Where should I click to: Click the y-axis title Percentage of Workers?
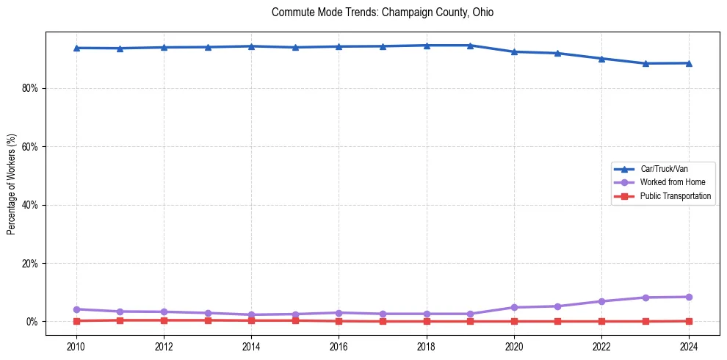pos(11,184)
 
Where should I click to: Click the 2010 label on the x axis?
pos(76,345)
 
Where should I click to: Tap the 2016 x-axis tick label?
pos(339,345)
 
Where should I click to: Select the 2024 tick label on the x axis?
pos(689,345)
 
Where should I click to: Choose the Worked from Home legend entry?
pos(672,182)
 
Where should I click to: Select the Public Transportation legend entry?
pos(675,196)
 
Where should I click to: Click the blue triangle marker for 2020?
pos(514,51)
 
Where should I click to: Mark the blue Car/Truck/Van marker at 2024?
pos(689,63)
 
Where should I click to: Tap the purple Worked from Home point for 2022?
pos(601,301)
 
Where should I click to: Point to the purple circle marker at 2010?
pos(76,309)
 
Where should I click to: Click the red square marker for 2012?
pos(164,320)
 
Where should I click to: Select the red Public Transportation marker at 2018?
pos(427,321)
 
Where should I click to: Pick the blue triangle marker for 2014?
pos(251,46)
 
